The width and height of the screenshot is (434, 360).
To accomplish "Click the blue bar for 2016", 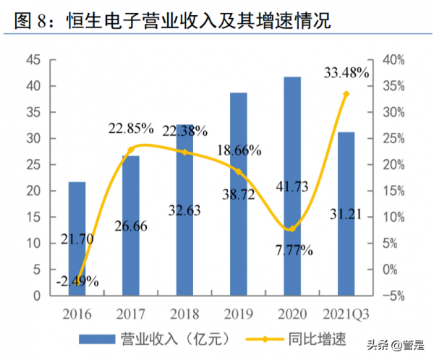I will [77, 239].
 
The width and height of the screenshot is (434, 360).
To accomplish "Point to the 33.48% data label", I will [346, 72].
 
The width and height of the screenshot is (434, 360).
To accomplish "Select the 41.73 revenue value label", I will [292, 187].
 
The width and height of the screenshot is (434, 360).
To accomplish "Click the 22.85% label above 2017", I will [131, 129].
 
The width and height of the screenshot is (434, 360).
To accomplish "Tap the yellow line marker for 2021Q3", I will [346, 94].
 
